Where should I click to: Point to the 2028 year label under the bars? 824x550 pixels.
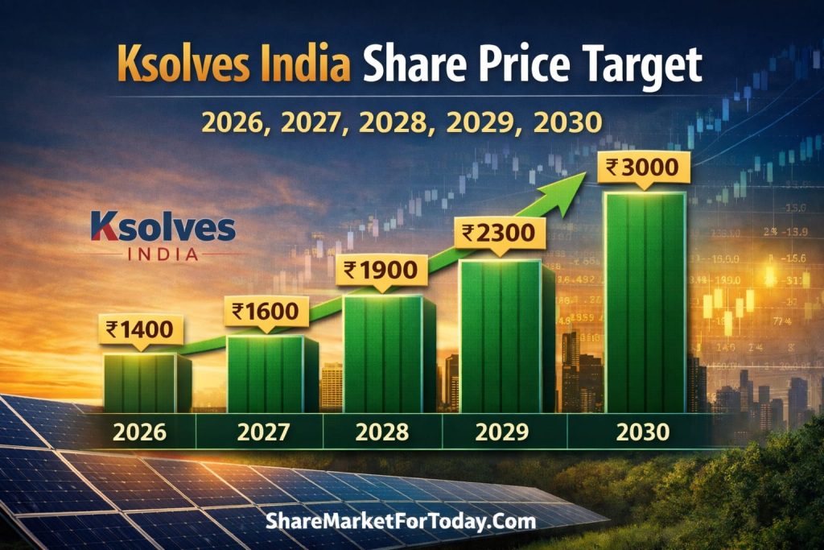(382, 432)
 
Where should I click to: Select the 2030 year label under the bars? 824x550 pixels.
(642, 432)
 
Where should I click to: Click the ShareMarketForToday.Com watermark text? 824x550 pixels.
(400, 521)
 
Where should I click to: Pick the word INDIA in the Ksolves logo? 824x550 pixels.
(163, 254)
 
